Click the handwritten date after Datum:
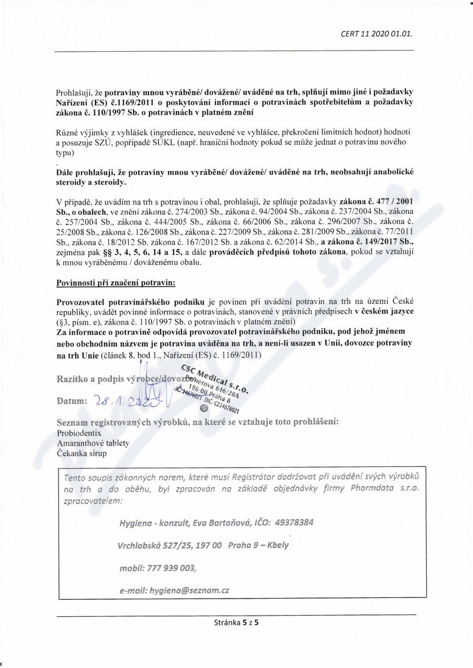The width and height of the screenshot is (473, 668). coord(122,401)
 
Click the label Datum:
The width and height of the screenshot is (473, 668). coord(72,402)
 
